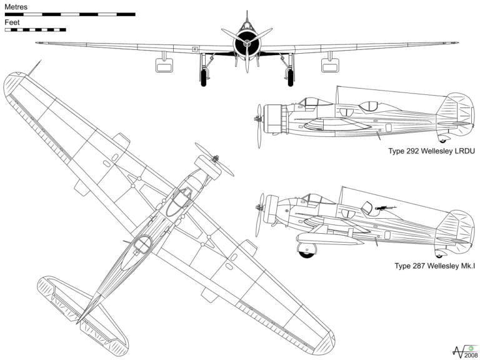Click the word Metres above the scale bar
[17, 6]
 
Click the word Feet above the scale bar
[12, 22]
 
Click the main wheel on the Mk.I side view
[308, 250]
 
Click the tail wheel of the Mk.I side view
[439, 254]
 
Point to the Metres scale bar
[69, 13]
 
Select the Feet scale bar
[35, 29]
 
